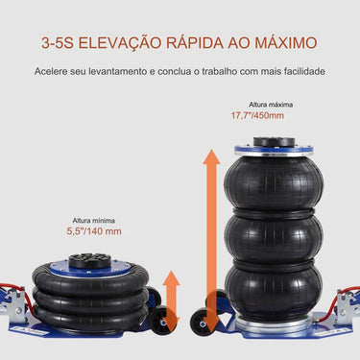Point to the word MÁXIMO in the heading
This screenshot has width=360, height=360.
(294, 44)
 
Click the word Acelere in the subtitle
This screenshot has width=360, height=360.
(52, 72)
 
